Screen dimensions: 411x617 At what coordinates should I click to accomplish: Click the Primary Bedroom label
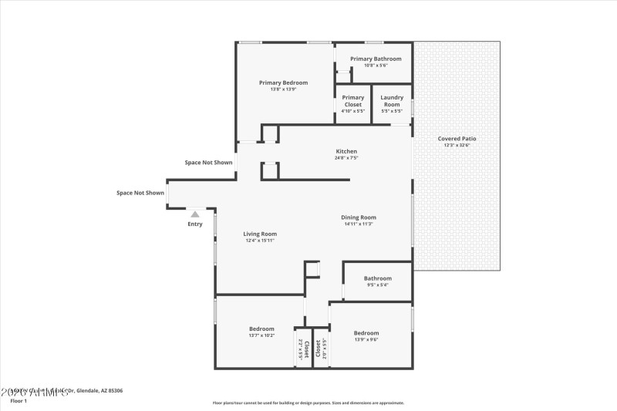point(283,83)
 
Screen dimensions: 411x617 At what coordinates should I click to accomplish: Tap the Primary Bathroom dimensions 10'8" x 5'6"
point(376,66)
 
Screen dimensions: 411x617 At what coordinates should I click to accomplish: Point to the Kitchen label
point(346,151)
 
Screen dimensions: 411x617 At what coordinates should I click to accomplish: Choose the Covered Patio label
point(457,139)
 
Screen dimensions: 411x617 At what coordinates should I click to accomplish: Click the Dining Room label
point(359,217)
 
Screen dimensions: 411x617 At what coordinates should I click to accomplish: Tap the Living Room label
point(260,234)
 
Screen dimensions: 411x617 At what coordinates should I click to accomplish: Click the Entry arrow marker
point(195,214)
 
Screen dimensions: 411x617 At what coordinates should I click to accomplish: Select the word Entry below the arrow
point(195,224)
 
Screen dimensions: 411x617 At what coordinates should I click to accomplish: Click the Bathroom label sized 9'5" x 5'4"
point(378,278)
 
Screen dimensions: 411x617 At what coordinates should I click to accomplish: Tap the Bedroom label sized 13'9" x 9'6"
point(366,332)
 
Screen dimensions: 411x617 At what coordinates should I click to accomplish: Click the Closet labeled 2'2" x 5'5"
point(306,349)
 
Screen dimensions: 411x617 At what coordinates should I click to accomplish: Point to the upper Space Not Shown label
point(208,163)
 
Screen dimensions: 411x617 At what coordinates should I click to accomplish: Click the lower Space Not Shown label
point(140,193)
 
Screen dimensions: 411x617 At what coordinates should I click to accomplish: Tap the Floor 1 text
point(19,401)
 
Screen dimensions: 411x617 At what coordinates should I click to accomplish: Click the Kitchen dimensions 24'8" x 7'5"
point(346,158)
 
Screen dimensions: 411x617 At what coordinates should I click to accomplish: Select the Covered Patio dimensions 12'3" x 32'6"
point(457,146)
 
